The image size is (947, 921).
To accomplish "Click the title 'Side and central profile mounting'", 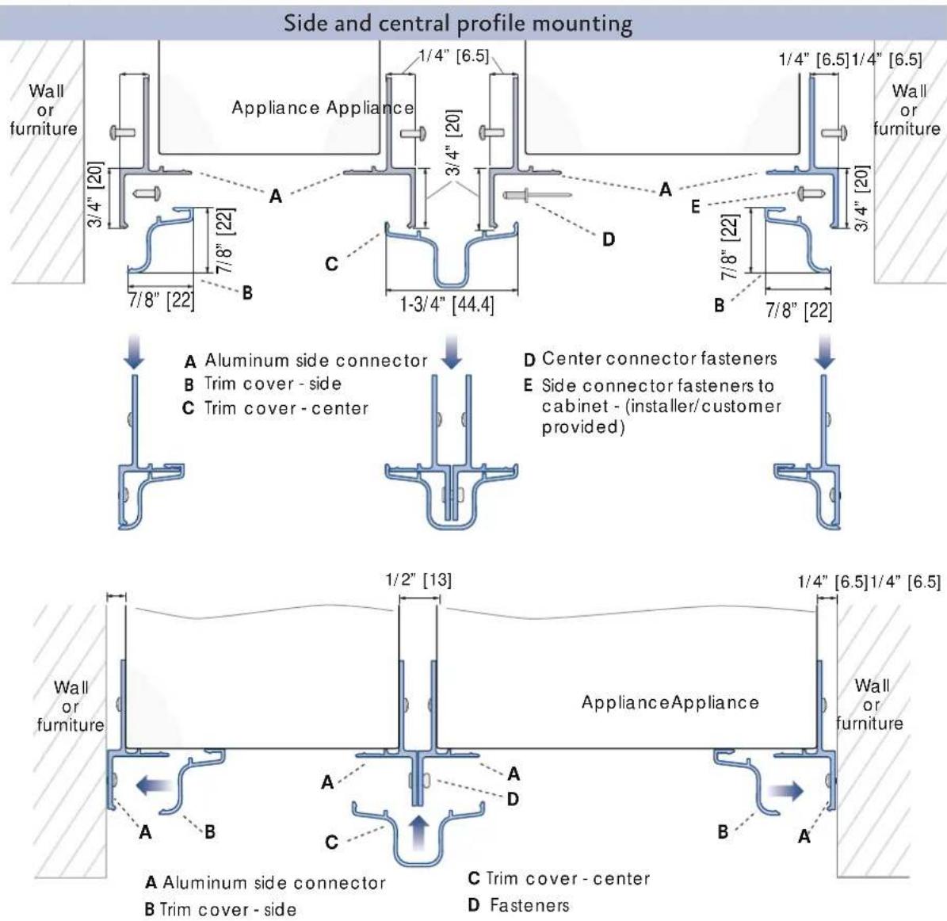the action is [458, 24].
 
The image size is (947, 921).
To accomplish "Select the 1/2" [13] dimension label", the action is [418, 580].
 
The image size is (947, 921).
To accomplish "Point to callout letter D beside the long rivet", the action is [608, 240].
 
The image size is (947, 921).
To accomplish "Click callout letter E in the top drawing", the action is [696, 207].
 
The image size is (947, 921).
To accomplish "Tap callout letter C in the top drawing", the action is [331, 264].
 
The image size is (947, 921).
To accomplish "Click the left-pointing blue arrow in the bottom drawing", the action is [154, 785].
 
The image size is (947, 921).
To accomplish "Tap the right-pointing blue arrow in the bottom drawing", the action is [786, 790].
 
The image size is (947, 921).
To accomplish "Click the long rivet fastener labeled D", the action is [537, 195].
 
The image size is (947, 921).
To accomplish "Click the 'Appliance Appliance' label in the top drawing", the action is [323, 108].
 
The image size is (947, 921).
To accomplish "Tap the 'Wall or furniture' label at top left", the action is [44, 110].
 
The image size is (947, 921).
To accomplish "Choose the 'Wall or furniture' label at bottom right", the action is [869, 705].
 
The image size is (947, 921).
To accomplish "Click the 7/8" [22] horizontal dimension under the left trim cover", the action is [161, 300].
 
